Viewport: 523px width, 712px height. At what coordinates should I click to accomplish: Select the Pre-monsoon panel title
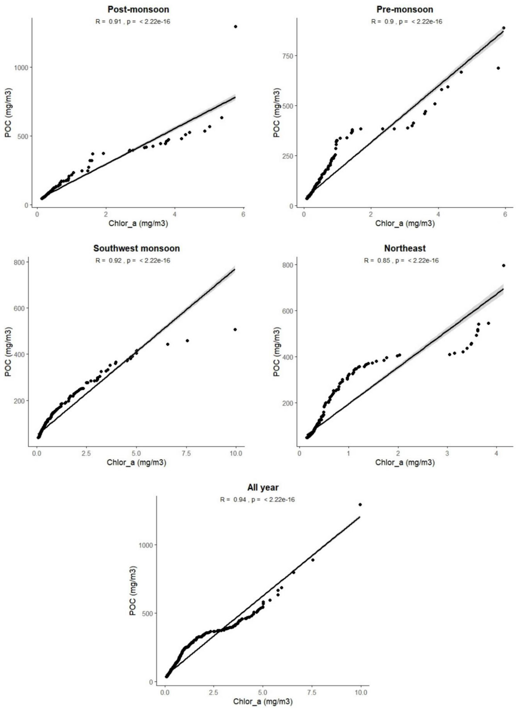405,9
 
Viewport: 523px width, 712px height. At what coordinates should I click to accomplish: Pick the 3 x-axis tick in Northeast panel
447,453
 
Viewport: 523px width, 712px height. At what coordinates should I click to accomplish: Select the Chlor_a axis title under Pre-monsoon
405,224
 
